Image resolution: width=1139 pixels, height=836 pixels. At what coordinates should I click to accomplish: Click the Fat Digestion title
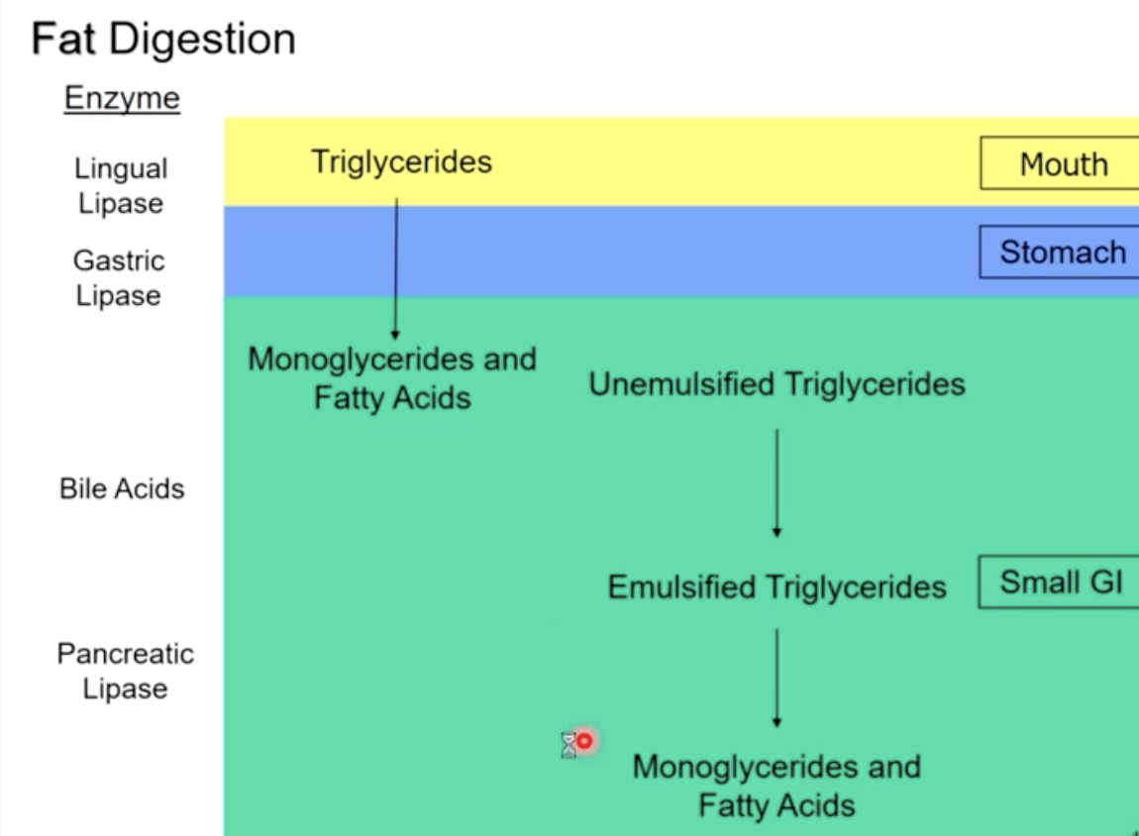tap(163, 40)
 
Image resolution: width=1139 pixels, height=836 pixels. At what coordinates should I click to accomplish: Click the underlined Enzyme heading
tap(122, 99)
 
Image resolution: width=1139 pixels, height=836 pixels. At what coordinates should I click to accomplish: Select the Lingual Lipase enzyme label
tap(121, 186)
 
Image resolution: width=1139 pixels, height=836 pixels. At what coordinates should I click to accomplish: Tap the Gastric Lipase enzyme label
tap(119, 278)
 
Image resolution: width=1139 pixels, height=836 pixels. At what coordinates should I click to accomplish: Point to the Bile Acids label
tap(122, 488)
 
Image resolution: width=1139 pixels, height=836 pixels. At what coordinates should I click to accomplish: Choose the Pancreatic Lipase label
tap(125, 672)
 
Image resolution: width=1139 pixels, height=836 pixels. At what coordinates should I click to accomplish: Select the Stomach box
tap(1061, 253)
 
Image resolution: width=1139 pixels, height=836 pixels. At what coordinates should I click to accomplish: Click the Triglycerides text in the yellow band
tap(401, 161)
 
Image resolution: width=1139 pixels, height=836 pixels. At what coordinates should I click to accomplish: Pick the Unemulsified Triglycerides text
tap(777, 384)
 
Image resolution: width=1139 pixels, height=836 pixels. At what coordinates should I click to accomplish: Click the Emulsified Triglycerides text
tap(777, 587)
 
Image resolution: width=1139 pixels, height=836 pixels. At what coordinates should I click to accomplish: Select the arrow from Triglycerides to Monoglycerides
tap(396, 268)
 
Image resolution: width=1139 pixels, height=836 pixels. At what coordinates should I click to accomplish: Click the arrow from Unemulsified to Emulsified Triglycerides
tap(777, 483)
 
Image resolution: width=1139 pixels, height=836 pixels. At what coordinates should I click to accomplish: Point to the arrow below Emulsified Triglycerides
tap(777, 679)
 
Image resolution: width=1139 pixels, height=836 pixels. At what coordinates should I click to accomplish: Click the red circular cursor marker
tap(584, 741)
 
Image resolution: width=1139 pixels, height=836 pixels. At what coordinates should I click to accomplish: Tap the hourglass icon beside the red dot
tap(569, 745)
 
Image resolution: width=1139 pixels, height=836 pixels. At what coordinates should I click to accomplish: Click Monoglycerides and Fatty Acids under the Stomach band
tap(392, 377)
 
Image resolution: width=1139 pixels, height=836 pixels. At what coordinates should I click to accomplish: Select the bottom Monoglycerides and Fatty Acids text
tap(777, 785)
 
